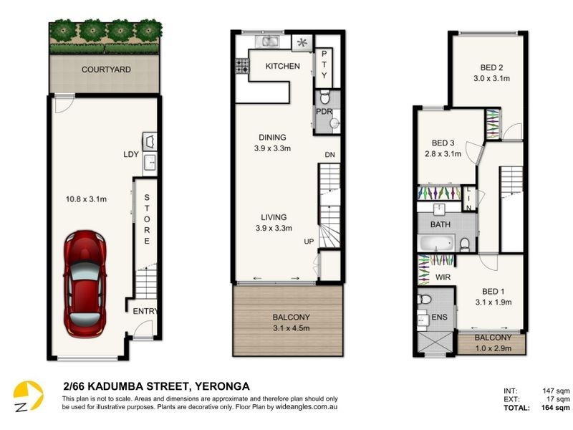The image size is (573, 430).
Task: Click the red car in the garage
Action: [x=85, y=283]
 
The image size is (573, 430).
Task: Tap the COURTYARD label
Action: [x=105, y=70]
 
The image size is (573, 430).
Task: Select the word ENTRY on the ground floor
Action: [x=144, y=311]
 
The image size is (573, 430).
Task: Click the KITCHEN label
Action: [x=282, y=66]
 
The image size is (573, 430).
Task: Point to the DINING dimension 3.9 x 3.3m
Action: [x=273, y=148]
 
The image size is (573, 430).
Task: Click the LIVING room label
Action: [x=274, y=217]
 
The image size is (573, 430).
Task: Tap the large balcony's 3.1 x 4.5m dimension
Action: [x=288, y=328]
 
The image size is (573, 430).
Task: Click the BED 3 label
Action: [x=443, y=142]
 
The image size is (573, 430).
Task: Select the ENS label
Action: [x=437, y=317]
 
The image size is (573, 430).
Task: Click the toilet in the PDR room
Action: [x=324, y=99]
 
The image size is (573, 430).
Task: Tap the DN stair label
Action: [x=329, y=155]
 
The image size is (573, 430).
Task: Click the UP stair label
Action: [x=309, y=241]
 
